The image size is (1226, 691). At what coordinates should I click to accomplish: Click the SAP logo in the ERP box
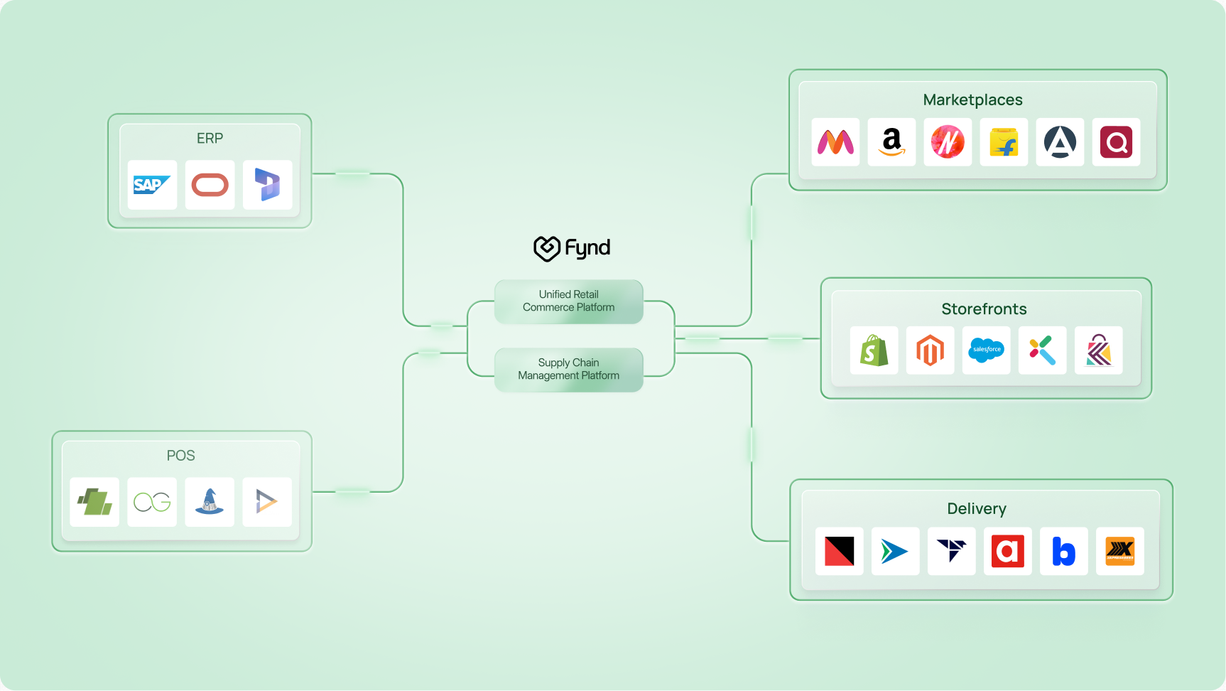pyautogui.click(x=152, y=185)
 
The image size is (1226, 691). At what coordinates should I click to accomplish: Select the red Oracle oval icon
pyautogui.click(x=210, y=185)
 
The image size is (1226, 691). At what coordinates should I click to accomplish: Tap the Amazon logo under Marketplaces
pyautogui.click(x=891, y=142)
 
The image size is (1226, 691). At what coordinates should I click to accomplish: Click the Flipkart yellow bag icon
pyautogui.click(x=1004, y=142)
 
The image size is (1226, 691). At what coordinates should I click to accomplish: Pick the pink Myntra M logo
pyautogui.click(x=835, y=142)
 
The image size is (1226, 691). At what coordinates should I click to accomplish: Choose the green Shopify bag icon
pyautogui.click(x=874, y=350)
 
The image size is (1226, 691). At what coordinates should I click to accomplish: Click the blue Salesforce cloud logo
pyautogui.click(x=986, y=350)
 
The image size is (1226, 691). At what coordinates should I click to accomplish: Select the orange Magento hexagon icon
pyautogui.click(x=930, y=350)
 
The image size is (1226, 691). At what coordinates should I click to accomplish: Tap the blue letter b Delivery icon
pyautogui.click(x=1063, y=551)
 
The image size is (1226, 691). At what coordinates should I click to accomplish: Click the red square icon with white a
pyautogui.click(x=1007, y=551)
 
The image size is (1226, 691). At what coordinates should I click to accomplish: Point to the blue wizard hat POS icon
pyautogui.click(x=210, y=502)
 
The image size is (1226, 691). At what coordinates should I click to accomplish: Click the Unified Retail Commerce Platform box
pyautogui.click(x=568, y=301)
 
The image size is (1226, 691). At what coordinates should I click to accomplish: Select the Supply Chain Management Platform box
pyautogui.click(x=568, y=370)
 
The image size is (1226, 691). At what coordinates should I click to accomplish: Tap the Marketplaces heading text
pyautogui.click(x=972, y=100)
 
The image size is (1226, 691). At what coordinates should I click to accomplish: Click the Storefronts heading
pyautogui.click(x=984, y=309)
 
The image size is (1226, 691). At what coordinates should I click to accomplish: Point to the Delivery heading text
pyautogui.click(x=976, y=509)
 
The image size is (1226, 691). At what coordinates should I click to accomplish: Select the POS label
pyautogui.click(x=180, y=456)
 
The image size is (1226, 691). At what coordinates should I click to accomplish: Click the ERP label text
pyautogui.click(x=210, y=139)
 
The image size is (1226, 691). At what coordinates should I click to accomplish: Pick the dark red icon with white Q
pyautogui.click(x=1116, y=142)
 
